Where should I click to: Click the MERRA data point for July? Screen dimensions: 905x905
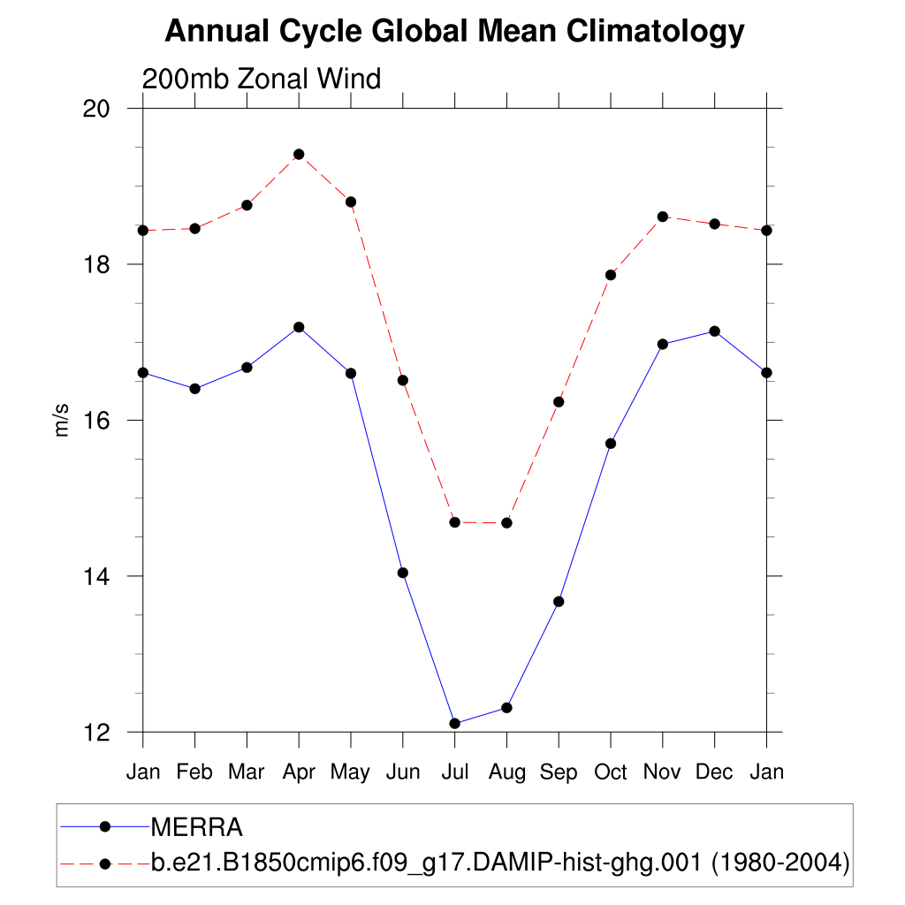point(454,723)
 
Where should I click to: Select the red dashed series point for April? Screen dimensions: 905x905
point(299,154)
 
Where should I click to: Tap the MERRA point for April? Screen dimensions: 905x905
point(299,327)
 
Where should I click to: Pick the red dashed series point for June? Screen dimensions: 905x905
point(403,380)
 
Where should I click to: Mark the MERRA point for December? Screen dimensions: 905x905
point(714,331)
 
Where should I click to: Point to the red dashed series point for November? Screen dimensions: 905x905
point(662,217)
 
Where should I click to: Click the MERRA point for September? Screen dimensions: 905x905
point(559,601)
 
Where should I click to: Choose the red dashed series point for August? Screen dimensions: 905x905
point(506,522)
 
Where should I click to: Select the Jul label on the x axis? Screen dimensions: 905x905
point(454,772)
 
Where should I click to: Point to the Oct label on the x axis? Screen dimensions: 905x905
point(610,772)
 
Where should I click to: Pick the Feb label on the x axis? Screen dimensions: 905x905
point(194,772)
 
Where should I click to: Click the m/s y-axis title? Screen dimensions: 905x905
point(62,421)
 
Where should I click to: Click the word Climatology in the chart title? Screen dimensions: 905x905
point(655,32)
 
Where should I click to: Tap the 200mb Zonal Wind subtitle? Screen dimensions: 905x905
point(262,79)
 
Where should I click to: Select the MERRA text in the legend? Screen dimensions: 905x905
point(197,827)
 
